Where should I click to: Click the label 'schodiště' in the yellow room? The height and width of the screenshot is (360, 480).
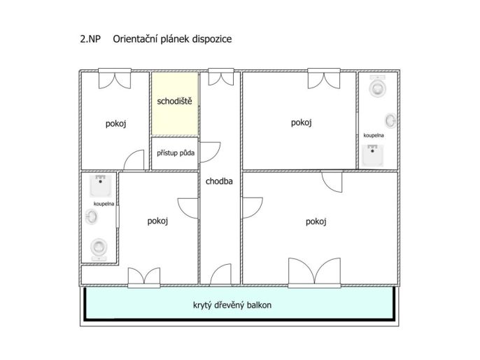pyautogui.click(x=174, y=101)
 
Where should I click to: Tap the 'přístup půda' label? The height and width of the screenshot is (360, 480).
pyautogui.click(x=176, y=153)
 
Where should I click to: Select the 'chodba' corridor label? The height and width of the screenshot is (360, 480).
pyautogui.click(x=219, y=181)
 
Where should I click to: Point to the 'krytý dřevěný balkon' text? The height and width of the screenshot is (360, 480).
pyautogui.click(x=232, y=305)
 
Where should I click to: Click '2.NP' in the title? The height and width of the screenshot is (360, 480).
pyautogui.click(x=90, y=39)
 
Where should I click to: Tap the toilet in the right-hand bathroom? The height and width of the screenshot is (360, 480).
pyautogui.click(x=377, y=86)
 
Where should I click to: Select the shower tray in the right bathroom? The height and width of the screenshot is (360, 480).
pyautogui.click(x=372, y=155)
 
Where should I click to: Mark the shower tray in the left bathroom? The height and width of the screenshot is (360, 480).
pyautogui.click(x=101, y=186)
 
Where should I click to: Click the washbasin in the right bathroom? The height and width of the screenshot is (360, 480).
pyautogui.click(x=391, y=120)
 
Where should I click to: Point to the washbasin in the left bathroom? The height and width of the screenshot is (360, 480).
pyautogui.click(x=91, y=216)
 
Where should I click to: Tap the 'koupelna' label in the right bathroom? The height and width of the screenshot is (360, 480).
pyautogui.click(x=374, y=135)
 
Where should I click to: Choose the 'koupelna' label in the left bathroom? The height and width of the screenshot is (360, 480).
pyautogui.click(x=104, y=204)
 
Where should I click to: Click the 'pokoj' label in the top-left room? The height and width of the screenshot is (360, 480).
pyautogui.click(x=115, y=124)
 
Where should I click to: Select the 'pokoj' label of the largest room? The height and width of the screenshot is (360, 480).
pyautogui.click(x=316, y=221)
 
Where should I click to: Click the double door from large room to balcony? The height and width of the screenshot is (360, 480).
pyautogui.click(x=314, y=272)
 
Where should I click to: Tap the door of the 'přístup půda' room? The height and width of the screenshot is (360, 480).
pyautogui.click(x=210, y=152)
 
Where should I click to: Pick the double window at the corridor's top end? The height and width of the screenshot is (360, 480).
pyautogui.click(x=221, y=76)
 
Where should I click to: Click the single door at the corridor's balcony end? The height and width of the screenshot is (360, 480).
pyautogui.click(x=220, y=275)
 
